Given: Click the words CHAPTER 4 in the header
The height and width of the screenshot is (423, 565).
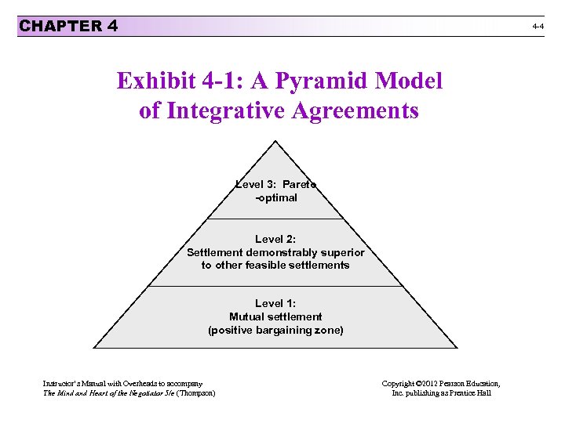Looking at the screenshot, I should coord(68,26).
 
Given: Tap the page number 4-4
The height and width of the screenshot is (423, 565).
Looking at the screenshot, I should coord(538,27).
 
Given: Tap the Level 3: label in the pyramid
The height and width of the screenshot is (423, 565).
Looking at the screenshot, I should coord(257,185).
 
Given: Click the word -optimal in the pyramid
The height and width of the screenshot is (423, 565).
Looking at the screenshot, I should coord(276,198).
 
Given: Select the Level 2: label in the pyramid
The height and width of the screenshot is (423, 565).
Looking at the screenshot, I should coord(275,239).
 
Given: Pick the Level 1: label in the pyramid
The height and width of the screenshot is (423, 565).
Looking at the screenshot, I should coord(275,303).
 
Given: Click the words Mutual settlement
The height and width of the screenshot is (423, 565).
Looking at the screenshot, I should coord(275,316).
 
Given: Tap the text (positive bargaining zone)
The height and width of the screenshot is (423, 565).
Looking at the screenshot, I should coord(275,330).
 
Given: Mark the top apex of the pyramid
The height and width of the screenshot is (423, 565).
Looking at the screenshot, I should coord(275,141).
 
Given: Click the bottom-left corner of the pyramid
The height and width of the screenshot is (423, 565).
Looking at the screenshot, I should coord(93,347).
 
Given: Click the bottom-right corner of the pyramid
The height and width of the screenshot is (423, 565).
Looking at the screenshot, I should coord(457,347).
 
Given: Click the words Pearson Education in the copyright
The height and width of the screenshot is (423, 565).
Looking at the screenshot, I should coord(465,383).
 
